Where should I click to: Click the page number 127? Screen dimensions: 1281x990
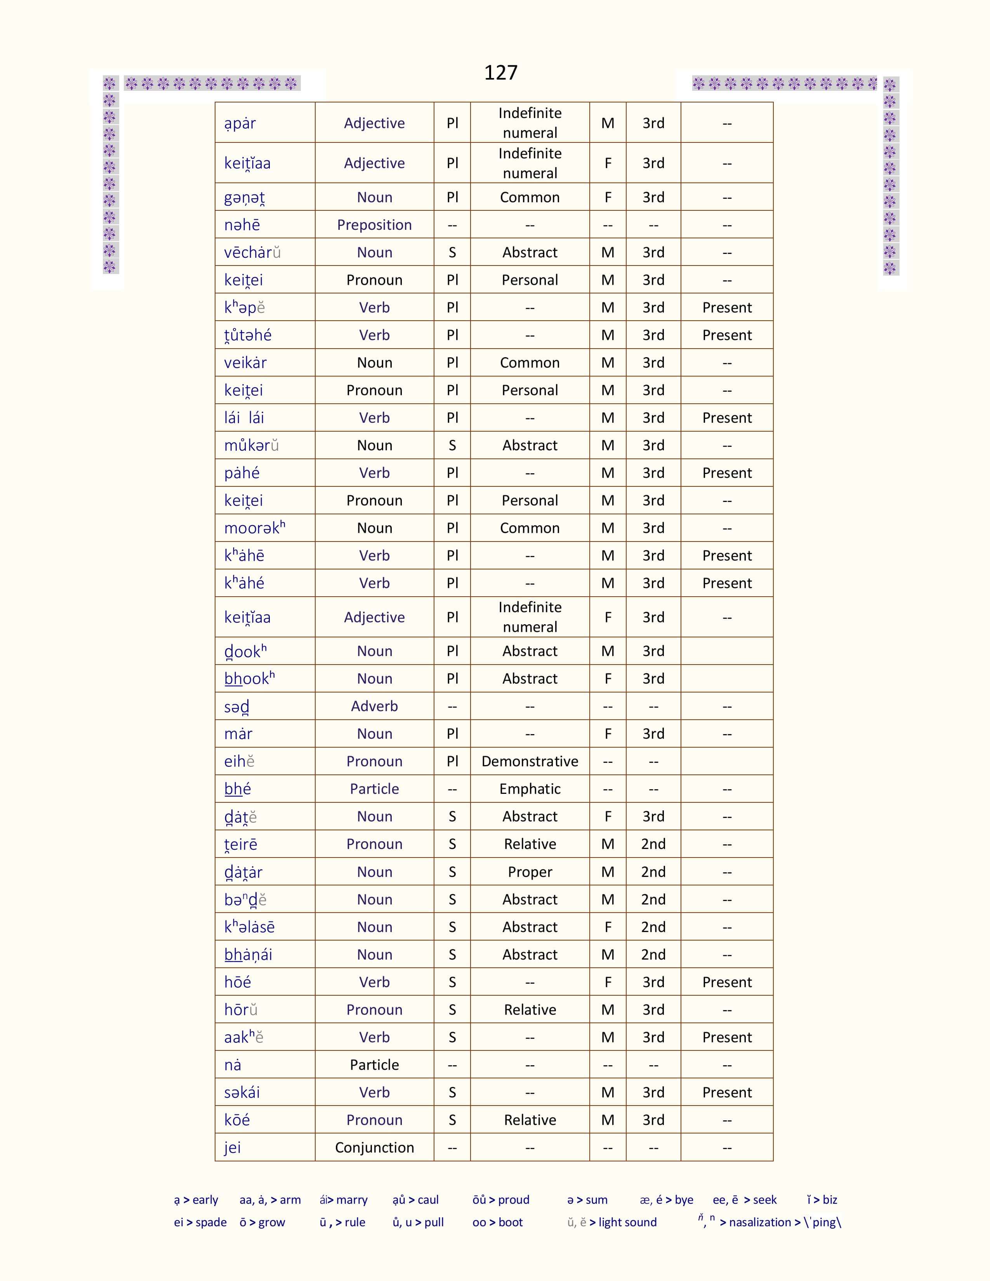[x=500, y=73]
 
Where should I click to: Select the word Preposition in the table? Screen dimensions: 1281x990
[x=374, y=225]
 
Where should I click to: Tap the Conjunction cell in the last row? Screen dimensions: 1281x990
[x=374, y=1147]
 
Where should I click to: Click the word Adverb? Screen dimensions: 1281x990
[x=374, y=706]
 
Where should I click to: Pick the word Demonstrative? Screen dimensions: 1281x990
[x=530, y=761]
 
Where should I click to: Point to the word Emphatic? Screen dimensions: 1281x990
[x=530, y=789]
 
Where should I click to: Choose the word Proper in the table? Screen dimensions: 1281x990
[x=530, y=872]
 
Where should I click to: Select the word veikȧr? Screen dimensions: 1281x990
[x=245, y=363]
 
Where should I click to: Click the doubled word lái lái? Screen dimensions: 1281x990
[x=244, y=418]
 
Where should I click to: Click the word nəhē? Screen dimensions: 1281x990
[x=241, y=225]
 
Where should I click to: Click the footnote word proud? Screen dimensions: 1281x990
[x=514, y=1200]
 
